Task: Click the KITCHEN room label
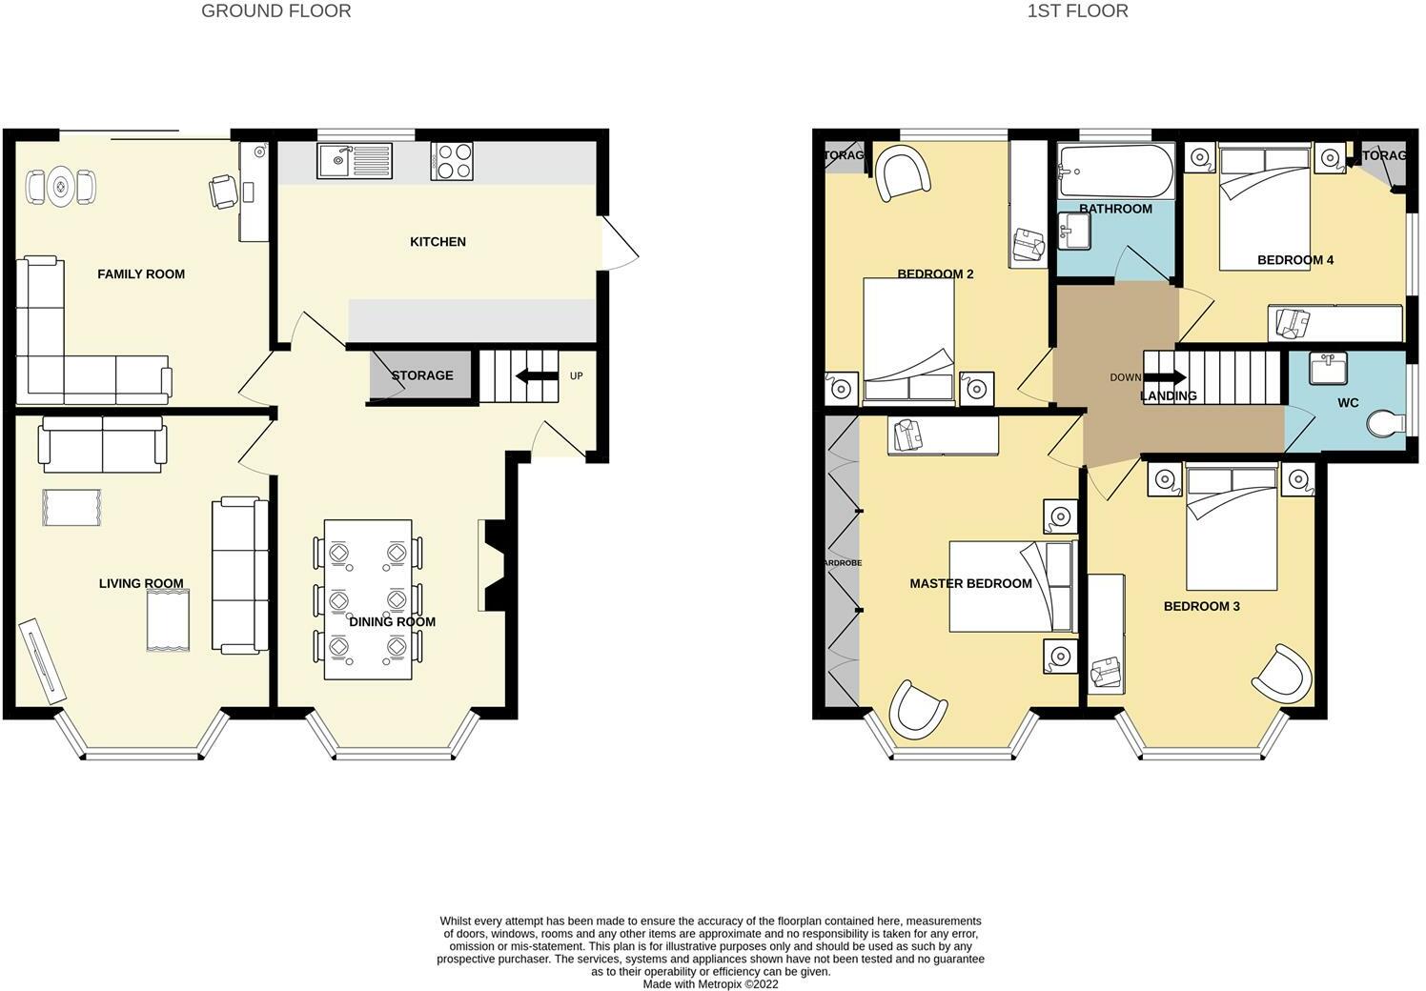(x=438, y=242)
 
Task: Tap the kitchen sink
(x=354, y=161)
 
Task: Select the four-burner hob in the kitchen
(x=452, y=161)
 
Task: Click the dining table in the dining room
(x=368, y=598)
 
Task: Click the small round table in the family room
(x=61, y=186)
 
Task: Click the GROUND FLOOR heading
(x=275, y=11)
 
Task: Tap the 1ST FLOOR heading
(x=1077, y=11)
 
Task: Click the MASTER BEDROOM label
(x=970, y=583)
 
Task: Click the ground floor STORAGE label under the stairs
(x=421, y=375)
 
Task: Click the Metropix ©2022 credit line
(x=710, y=984)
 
